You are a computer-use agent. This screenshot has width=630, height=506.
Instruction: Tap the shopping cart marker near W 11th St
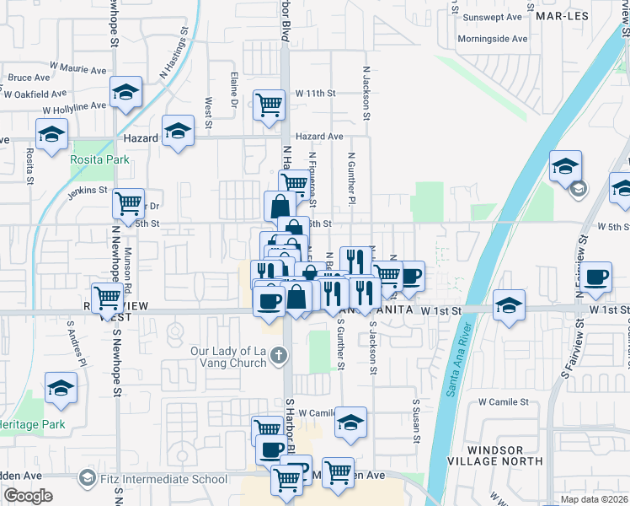click(x=269, y=106)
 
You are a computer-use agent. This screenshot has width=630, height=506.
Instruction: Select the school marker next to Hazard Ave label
click(x=178, y=132)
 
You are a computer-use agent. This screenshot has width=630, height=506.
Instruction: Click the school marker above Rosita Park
click(x=51, y=134)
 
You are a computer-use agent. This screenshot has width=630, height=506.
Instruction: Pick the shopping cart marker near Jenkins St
click(x=128, y=202)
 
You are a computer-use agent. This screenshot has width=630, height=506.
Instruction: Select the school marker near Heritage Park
click(x=61, y=389)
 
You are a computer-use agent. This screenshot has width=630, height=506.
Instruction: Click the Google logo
click(x=27, y=496)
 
